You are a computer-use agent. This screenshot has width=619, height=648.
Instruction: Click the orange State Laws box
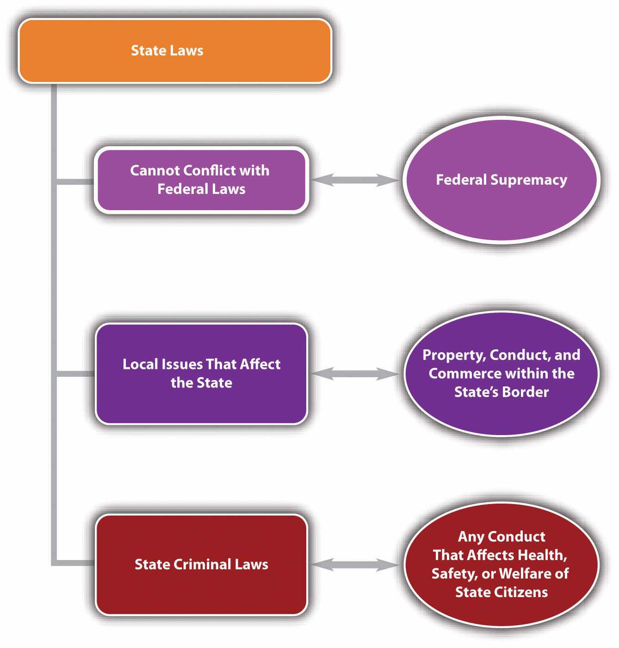[x=175, y=51]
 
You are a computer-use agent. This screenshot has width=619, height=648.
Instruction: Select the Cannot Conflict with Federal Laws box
[x=201, y=180]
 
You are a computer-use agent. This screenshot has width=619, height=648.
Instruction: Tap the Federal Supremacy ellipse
[x=501, y=180]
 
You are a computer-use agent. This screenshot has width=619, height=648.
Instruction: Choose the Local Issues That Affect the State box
[x=201, y=374]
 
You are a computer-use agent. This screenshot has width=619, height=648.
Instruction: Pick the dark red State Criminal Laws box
[x=201, y=564]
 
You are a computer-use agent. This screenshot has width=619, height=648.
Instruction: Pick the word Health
[x=542, y=555]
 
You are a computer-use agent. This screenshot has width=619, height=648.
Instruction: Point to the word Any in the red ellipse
[x=467, y=536]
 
